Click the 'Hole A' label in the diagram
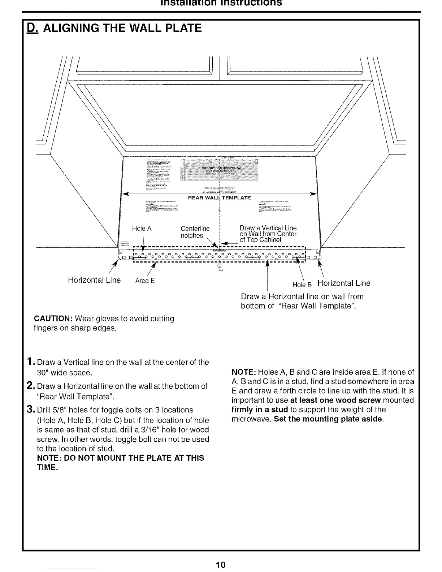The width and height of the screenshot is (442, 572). coord(142,229)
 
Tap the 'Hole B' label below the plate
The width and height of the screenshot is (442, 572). coord(299,285)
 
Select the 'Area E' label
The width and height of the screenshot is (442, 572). coord(145,281)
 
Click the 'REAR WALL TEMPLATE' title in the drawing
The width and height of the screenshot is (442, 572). coord(220,198)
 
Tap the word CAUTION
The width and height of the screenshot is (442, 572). coord(53,319)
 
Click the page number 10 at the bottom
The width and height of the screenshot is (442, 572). coord(221,564)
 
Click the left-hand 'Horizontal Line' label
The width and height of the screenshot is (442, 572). coord(94,281)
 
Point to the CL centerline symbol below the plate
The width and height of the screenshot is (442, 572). coord(219,267)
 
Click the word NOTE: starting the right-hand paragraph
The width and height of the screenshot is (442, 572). coord(244,372)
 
